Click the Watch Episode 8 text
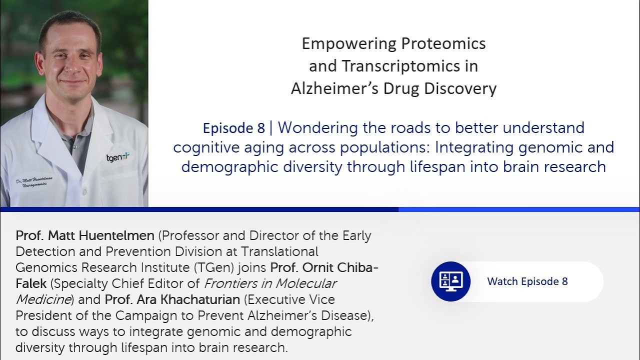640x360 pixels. (x=527, y=281)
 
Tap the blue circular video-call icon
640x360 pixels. (x=451, y=281)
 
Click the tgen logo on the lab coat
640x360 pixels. (x=118, y=157)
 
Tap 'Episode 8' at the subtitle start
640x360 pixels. (x=233, y=128)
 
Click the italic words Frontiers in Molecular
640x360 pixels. (x=270, y=283)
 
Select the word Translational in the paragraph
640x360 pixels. (x=279, y=251)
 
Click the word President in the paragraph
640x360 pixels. (x=46, y=315)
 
